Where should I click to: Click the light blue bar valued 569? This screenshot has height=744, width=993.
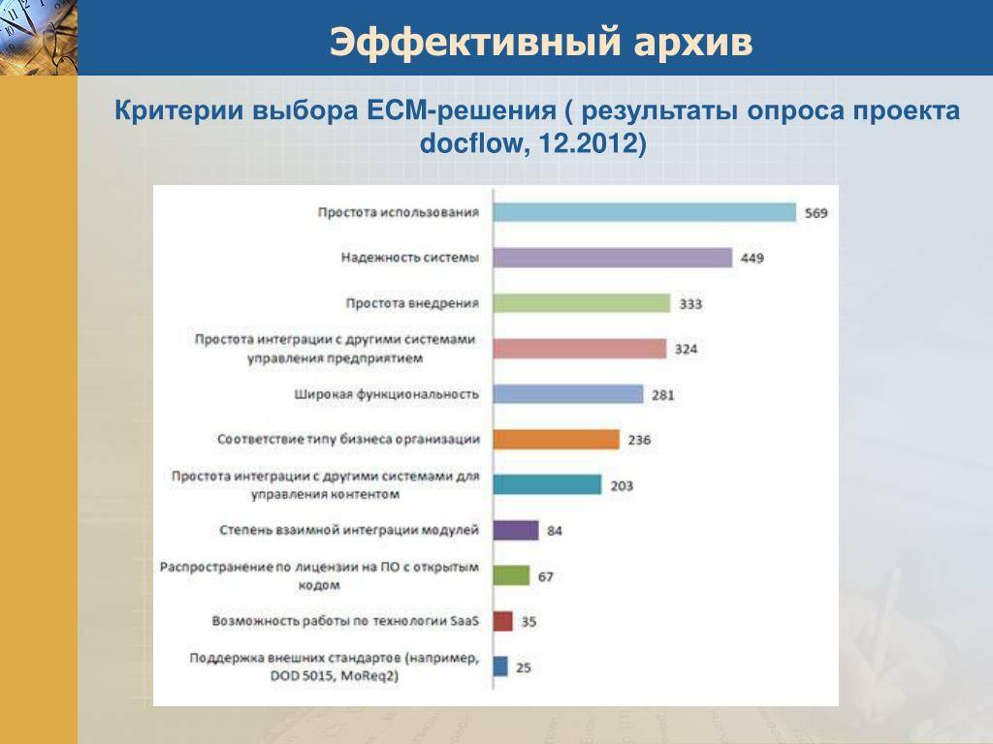(645, 212)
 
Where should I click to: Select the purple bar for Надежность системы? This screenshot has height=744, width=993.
(613, 258)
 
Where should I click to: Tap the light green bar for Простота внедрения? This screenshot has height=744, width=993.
(582, 303)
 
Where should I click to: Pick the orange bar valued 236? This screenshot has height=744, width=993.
(557, 439)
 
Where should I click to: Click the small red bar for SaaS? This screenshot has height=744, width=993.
(503, 621)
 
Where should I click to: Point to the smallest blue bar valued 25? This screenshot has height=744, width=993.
(501, 666)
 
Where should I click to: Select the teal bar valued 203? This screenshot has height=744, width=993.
(547, 484)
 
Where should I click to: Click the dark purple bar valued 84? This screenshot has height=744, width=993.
(516, 530)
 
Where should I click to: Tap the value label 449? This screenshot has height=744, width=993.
(753, 258)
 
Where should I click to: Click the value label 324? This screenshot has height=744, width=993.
(686, 349)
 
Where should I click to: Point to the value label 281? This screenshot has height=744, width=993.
(663, 395)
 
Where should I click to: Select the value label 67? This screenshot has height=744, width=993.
(546, 577)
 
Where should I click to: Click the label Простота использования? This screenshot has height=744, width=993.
(399, 212)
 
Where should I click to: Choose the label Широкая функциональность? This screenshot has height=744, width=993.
(386, 394)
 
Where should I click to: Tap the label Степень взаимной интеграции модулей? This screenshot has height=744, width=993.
(349, 530)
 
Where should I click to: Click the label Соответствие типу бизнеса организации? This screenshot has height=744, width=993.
(348, 439)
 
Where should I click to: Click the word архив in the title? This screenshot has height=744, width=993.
(692, 43)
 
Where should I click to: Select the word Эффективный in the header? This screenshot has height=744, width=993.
(475, 43)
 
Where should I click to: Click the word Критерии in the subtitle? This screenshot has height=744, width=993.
(179, 110)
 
